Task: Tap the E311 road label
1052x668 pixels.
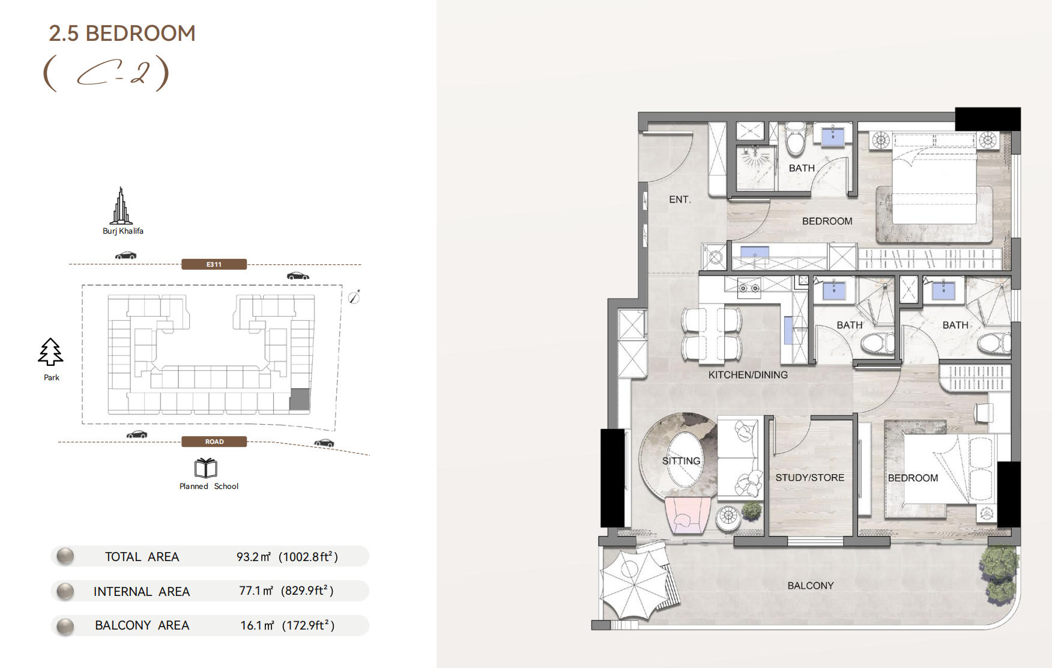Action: point(214,264)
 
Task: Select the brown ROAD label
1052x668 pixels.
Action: point(214,442)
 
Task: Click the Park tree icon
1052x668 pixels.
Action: point(50,352)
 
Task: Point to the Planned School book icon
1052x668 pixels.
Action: point(205,468)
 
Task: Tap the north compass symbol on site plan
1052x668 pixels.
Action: point(354,297)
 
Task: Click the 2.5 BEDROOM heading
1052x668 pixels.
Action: point(122,33)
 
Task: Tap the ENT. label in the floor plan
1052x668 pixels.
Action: point(680,199)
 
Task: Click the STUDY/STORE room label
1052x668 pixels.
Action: point(809,478)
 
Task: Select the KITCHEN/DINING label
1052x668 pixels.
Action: point(748,375)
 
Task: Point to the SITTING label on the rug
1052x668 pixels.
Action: point(681,461)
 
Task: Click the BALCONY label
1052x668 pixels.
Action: point(811,586)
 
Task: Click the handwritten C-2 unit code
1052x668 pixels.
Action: point(107,73)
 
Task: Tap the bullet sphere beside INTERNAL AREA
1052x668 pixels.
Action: point(65,592)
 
